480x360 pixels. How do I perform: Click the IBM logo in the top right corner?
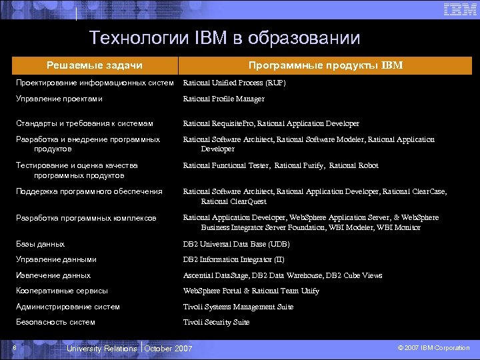[459, 9]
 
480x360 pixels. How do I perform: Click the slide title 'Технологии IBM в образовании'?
[225, 38]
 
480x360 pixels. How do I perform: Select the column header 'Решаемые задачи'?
[94, 65]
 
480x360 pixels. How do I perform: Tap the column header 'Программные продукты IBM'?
[325, 65]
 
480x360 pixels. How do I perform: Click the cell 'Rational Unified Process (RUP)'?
[234, 83]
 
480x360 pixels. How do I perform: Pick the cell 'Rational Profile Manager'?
[223, 99]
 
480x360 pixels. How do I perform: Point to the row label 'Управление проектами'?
[59, 99]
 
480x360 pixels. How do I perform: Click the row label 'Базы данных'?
[41, 244]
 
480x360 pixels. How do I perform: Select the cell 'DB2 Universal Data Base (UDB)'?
[236, 244]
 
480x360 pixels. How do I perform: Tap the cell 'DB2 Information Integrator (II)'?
[233, 259]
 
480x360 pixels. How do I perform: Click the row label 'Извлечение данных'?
[53, 275]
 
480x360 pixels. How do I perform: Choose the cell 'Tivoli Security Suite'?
[216, 322]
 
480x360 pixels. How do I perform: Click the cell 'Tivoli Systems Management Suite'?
[238, 307]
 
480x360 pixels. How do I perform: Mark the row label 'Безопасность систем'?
[55, 322]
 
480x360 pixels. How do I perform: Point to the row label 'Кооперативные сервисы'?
[62, 291]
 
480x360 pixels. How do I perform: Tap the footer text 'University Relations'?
[102, 349]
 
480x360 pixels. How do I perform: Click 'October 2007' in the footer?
[168, 349]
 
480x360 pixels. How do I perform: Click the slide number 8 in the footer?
[14, 347]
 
